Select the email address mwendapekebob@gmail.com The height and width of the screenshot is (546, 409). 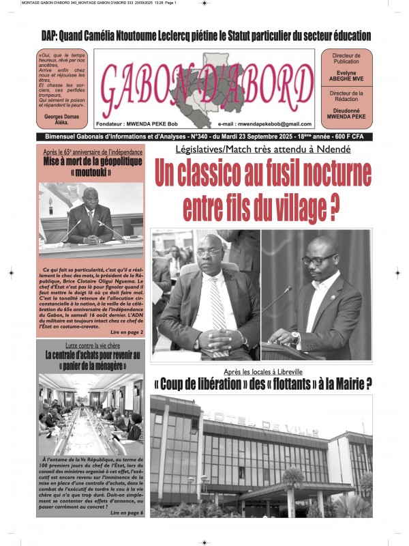pyautogui.click(x=264, y=124)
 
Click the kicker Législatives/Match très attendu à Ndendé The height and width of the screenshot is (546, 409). pyautogui.click(x=262, y=149)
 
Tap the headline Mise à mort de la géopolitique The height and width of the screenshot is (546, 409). pyautogui.click(x=92, y=162)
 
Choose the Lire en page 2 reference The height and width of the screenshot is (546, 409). pyautogui.click(x=127, y=332)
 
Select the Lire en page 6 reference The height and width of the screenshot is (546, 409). pyautogui.click(x=127, y=511)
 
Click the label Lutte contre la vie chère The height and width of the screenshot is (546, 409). pyautogui.click(x=92, y=346)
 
